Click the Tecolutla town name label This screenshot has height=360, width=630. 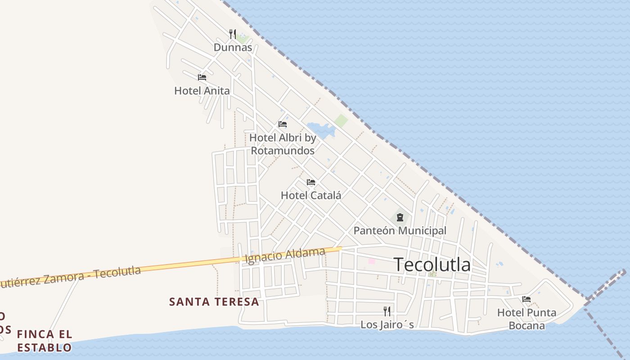tap(432, 265)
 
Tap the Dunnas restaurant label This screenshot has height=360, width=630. tap(233, 47)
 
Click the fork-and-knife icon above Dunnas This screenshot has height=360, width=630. tap(233, 34)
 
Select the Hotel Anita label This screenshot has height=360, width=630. tap(202, 90)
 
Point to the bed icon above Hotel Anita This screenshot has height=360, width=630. tap(202, 77)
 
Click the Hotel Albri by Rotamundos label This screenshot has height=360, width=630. tap(283, 144)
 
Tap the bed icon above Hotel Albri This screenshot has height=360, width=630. tap(283, 124)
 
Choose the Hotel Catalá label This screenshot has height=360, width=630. tap(311, 195)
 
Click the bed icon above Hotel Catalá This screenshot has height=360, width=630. tap(311, 182)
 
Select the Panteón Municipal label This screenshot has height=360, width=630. tap(400, 230)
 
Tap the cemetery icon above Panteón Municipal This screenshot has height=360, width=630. tap(400, 218)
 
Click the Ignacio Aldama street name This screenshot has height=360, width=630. tap(284, 255)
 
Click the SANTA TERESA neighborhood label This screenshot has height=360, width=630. tap(214, 301)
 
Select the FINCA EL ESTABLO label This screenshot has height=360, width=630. tap(44, 341)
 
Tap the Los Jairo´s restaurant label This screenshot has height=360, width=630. tap(387, 324)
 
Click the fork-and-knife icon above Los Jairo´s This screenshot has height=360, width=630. tap(387, 311)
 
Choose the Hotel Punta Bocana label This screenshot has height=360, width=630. tap(526, 319)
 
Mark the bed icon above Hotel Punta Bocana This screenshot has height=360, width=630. tap(526, 299)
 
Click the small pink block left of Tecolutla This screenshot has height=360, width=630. tap(372, 261)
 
